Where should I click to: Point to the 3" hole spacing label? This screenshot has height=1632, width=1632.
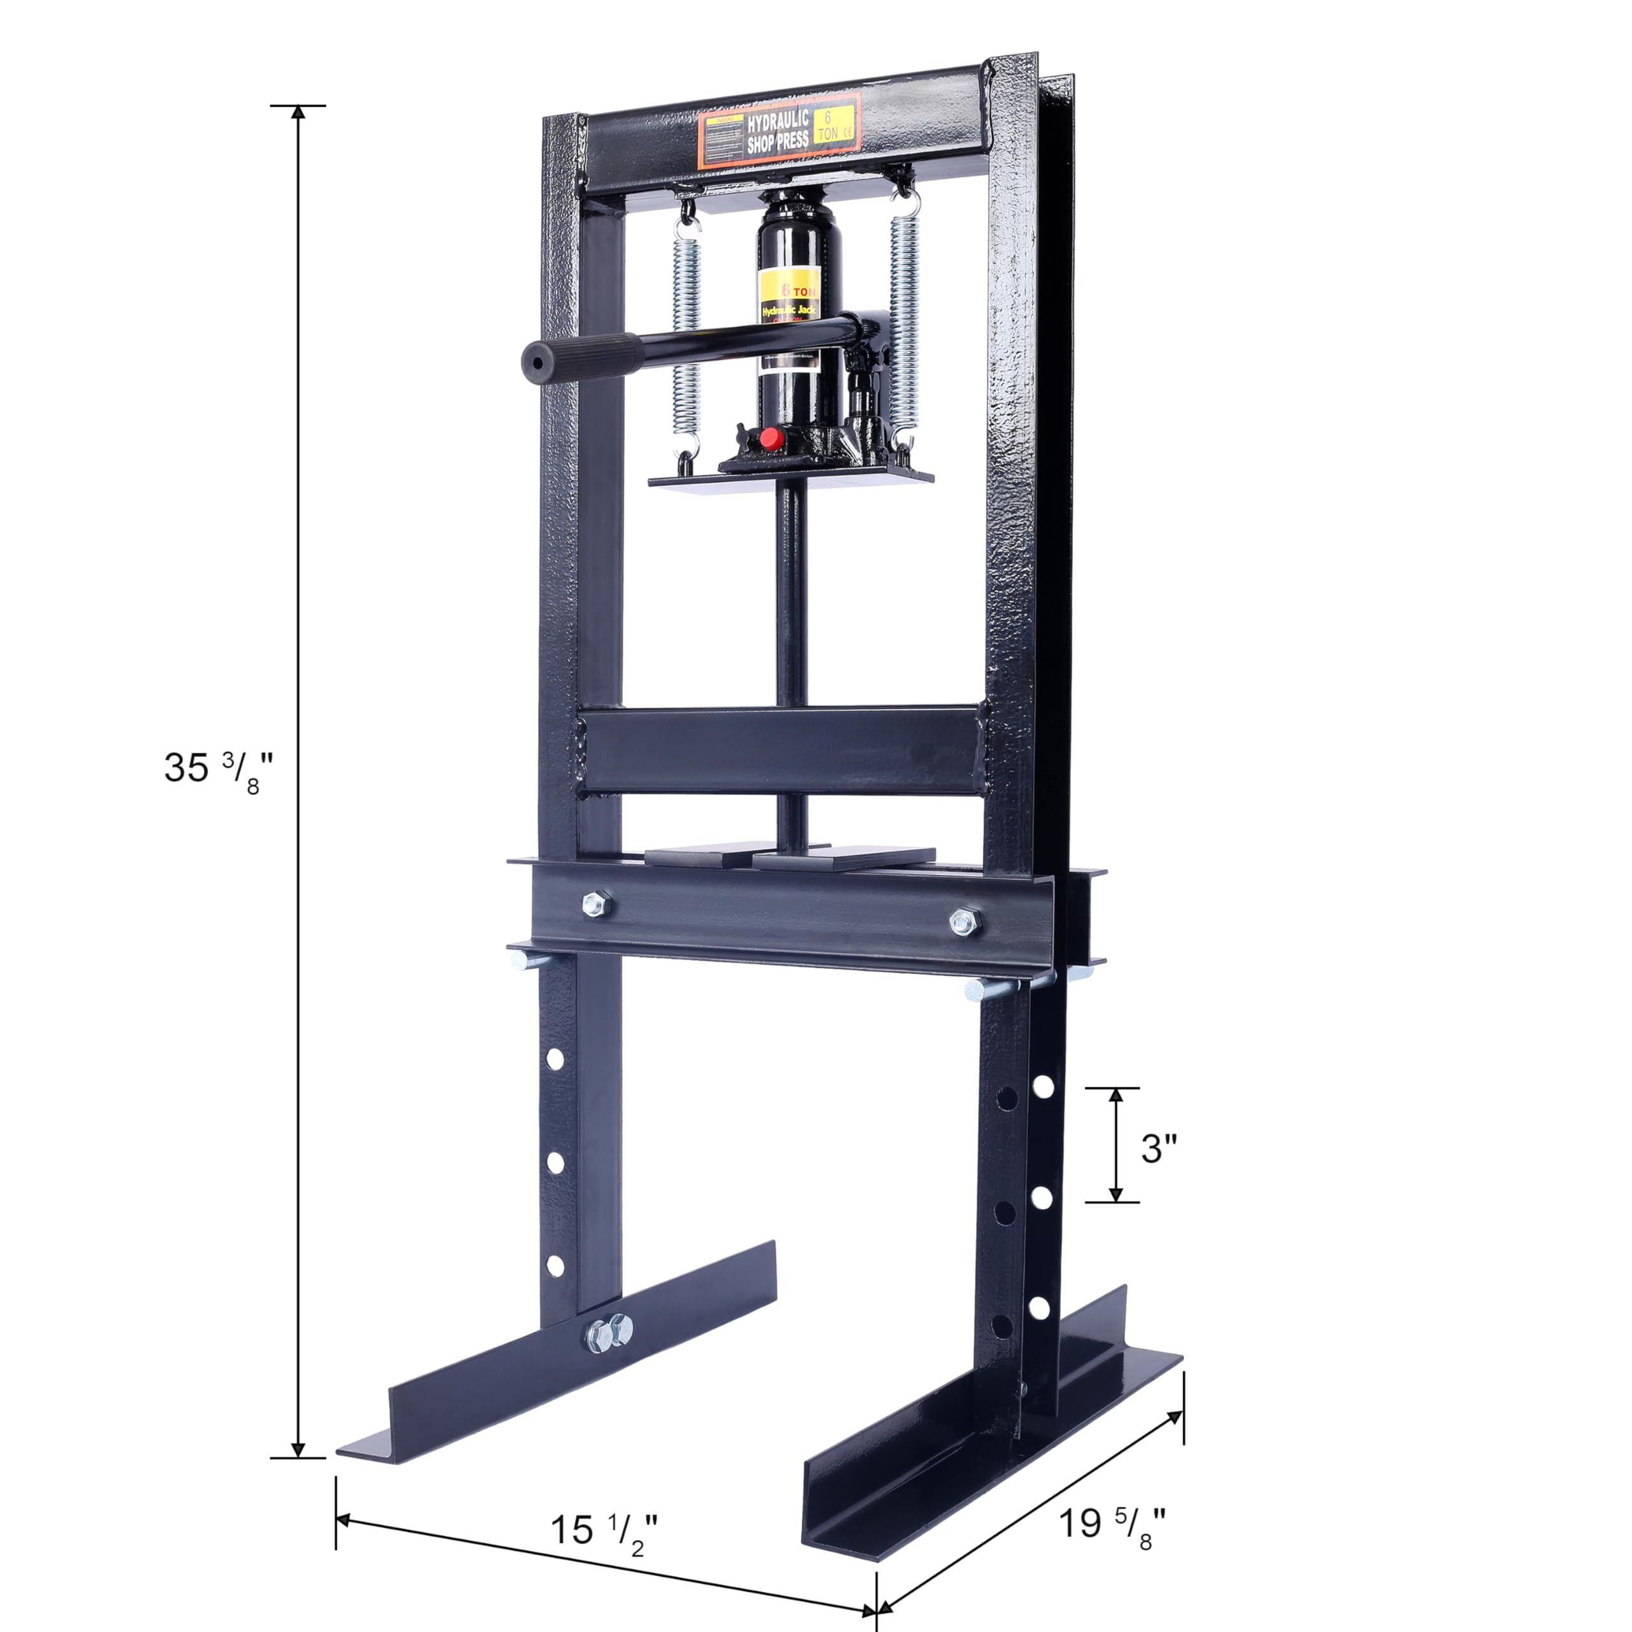(1158, 1149)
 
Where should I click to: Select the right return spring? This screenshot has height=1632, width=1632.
(902, 321)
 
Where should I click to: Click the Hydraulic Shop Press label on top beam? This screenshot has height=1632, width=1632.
(778, 132)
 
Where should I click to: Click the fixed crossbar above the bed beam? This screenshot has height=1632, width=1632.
(782, 750)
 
